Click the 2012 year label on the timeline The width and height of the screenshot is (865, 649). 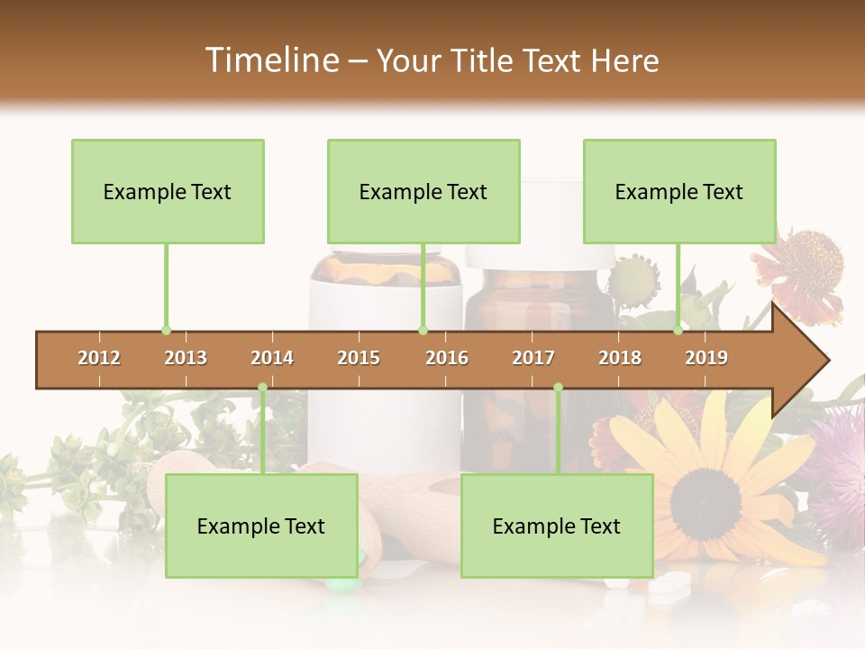pyautogui.click(x=99, y=359)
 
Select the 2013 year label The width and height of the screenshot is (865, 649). pyautogui.click(x=186, y=359)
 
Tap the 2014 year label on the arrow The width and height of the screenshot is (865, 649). pyautogui.click(x=272, y=359)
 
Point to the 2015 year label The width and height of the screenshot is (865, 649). pyautogui.click(x=359, y=359)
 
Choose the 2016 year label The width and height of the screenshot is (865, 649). pyautogui.click(x=447, y=359)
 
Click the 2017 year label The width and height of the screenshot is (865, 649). pyautogui.click(x=533, y=359)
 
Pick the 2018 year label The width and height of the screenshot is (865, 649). pyautogui.click(x=620, y=359)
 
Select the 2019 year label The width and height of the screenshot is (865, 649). pyautogui.click(x=706, y=359)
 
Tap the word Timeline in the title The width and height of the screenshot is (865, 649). pyautogui.click(x=270, y=60)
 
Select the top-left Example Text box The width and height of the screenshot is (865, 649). pyautogui.click(x=168, y=191)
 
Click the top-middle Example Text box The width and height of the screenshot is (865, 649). pyautogui.click(x=423, y=191)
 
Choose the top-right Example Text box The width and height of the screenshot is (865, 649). pyautogui.click(x=679, y=191)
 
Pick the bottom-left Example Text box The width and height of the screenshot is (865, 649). pyautogui.click(x=261, y=526)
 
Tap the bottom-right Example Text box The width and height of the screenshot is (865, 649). pyautogui.click(x=557, y=526)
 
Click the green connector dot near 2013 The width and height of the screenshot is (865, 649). pyautogui.click(x=166, y=330)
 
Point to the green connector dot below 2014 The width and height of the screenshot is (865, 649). pyautogui.click(x=263, y=388)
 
